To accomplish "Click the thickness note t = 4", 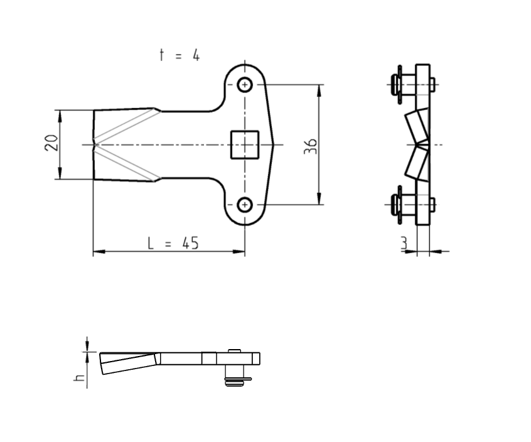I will tap(180, 55).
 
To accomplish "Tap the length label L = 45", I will tap(173, 243).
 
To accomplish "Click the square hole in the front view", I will tap(245, 144).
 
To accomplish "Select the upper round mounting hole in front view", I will tap(245, 85).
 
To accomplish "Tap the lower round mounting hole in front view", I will tap(245, 204).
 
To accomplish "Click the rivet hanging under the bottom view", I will tap(235, 375).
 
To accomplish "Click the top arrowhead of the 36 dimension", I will tap(319, 89).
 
